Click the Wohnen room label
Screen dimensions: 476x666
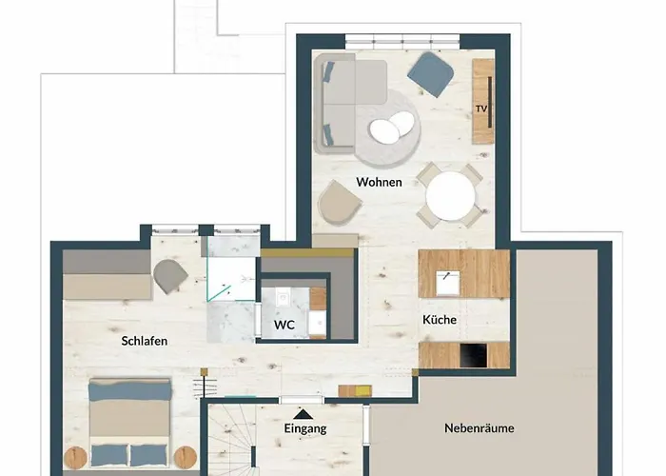coord(379,182)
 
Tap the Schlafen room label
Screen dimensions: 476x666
coord(146,340)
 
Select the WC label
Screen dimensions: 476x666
coord(284,325)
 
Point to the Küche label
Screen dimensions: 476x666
coord(440,320)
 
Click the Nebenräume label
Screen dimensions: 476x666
coord(480,428)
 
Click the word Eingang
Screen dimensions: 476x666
coord(305,428)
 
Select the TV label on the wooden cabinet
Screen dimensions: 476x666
coord(481,109)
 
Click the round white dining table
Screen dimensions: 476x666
coord(451,196)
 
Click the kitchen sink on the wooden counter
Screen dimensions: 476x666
coord(445,279)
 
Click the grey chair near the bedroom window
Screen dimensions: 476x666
coord(171,275)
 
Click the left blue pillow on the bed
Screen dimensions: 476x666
coord(108,452)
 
